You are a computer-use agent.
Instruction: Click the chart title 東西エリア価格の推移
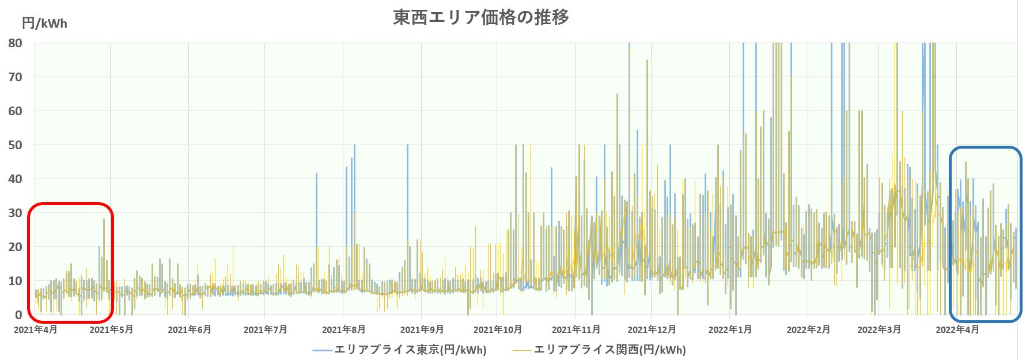click(x=481, y=17)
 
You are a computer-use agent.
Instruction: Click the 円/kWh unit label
click(x=44, y=24)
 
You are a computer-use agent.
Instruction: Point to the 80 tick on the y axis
click(x=16, y=43)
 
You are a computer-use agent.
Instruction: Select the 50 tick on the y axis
click(x=16, y=145)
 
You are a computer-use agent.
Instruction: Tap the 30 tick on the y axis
click(x=16, y=213)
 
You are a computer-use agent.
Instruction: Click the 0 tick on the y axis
click(x=19, y=315)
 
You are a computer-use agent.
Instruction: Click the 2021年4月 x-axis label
click(x=35, y=329)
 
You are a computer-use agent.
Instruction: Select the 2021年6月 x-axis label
click(x=190, y=329)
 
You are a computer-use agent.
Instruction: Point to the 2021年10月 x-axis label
click(x=498, y=329)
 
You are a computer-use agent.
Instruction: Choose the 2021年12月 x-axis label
click(x=652, y=329)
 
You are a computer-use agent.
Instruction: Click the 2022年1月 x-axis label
click(x=730, y=329)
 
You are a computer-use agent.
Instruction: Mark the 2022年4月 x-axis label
click(x=957, y=329)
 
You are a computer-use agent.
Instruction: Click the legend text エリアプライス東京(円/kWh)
click(x=410, y=350)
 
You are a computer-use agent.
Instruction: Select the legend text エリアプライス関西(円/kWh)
click(x=609, y=350)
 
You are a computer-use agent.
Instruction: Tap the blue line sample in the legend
click(x=323, y=350)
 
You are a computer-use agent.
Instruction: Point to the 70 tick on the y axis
click(x=16, y=77)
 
